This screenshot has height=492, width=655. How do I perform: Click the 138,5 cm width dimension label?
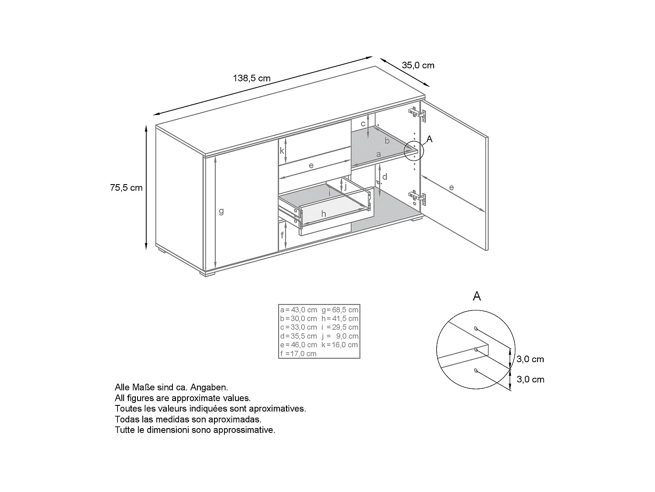click(x=252, y=78)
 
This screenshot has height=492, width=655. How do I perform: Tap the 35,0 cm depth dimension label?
click(x=418, y=66)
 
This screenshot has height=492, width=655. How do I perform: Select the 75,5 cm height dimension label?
click(x=126, y=188)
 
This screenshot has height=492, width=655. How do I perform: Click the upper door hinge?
click(x=417, y=114)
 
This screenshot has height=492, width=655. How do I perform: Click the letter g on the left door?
click(x=221, y=211)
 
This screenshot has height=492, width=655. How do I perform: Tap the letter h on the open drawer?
click(x=324, y=214)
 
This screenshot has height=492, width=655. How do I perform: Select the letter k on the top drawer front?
click(x=282, y=151)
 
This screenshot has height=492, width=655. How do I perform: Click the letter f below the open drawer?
click(x=283, y=235)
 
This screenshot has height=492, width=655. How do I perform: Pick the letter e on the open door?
click(x=452, y=188)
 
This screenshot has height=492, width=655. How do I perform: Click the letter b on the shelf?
click(x=387, y=141)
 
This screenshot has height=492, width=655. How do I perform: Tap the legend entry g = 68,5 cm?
click(x=340, y=310)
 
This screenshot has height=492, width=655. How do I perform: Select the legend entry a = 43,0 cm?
click(x=299, y=310)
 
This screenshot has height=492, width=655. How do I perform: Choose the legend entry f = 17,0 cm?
click(x=299, y=354)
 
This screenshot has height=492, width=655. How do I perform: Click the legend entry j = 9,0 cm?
click(x=340, y=336)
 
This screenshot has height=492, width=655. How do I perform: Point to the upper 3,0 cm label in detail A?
click(x=530, y=359)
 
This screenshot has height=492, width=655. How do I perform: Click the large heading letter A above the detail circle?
click(x=477, y=297)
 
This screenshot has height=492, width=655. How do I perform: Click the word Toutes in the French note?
click(x=128, y=409)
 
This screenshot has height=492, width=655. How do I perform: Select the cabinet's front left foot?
click(x=208, y=274)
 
